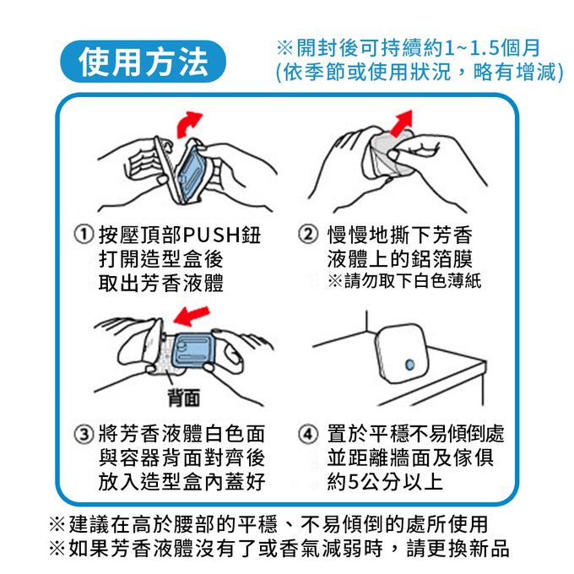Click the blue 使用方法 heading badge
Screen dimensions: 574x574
click(x=143, y=62)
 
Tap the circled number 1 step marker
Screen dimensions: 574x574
click(x=84, y=235)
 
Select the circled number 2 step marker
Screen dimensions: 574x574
click(x=308, y=235)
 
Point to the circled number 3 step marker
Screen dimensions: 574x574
click(x=84, y=434)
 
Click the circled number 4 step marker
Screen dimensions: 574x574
click(x=308, y=434)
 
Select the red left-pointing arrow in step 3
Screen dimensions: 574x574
click(x=191, y=316)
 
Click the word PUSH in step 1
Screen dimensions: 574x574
click(x=212, y=235)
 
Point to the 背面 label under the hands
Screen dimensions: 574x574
click(x=184, y=398)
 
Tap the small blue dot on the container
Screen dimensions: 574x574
click(x=409, y=365)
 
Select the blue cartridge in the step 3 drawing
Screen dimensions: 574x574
click(x=192, y=350)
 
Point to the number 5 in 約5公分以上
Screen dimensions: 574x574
click(x=353, y=482)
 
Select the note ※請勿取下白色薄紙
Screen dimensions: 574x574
click(x=404, y=281)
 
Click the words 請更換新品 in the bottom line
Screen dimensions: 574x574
click(x=458, y=548)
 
